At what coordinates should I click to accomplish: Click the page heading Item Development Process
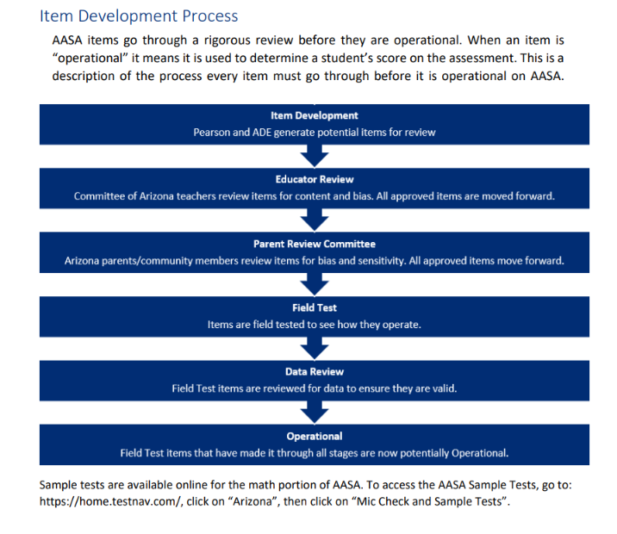pyautogui.click(x=139, y=16)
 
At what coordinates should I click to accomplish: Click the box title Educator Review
pyautogui.click(x=315, y=179)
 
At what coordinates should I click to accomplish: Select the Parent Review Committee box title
pyautogui.click(x=315, y=244)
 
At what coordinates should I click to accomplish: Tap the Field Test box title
pyautogui.click(x=315, y=307)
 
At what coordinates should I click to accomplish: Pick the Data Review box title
pyautogui.click(x=315, y=371)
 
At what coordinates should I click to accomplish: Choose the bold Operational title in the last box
pyautogui.click(x=315, y=436)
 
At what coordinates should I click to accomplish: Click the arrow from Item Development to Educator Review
pyautogui.click(x=315, y=156)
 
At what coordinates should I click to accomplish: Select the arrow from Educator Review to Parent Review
pyautogui.click(x=315, y=220)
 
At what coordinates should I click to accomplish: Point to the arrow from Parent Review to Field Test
pyautogui.click(x=315, y=285)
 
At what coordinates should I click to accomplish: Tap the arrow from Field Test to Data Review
pyautogui.click(x=315, y=349)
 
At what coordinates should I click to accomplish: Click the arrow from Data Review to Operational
pyautogui.click(x=315, y=413)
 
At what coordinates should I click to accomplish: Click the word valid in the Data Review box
pyautogui.click(x=445, y=388)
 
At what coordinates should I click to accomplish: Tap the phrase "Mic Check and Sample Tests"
pyautogui.click(x=427, y=502)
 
